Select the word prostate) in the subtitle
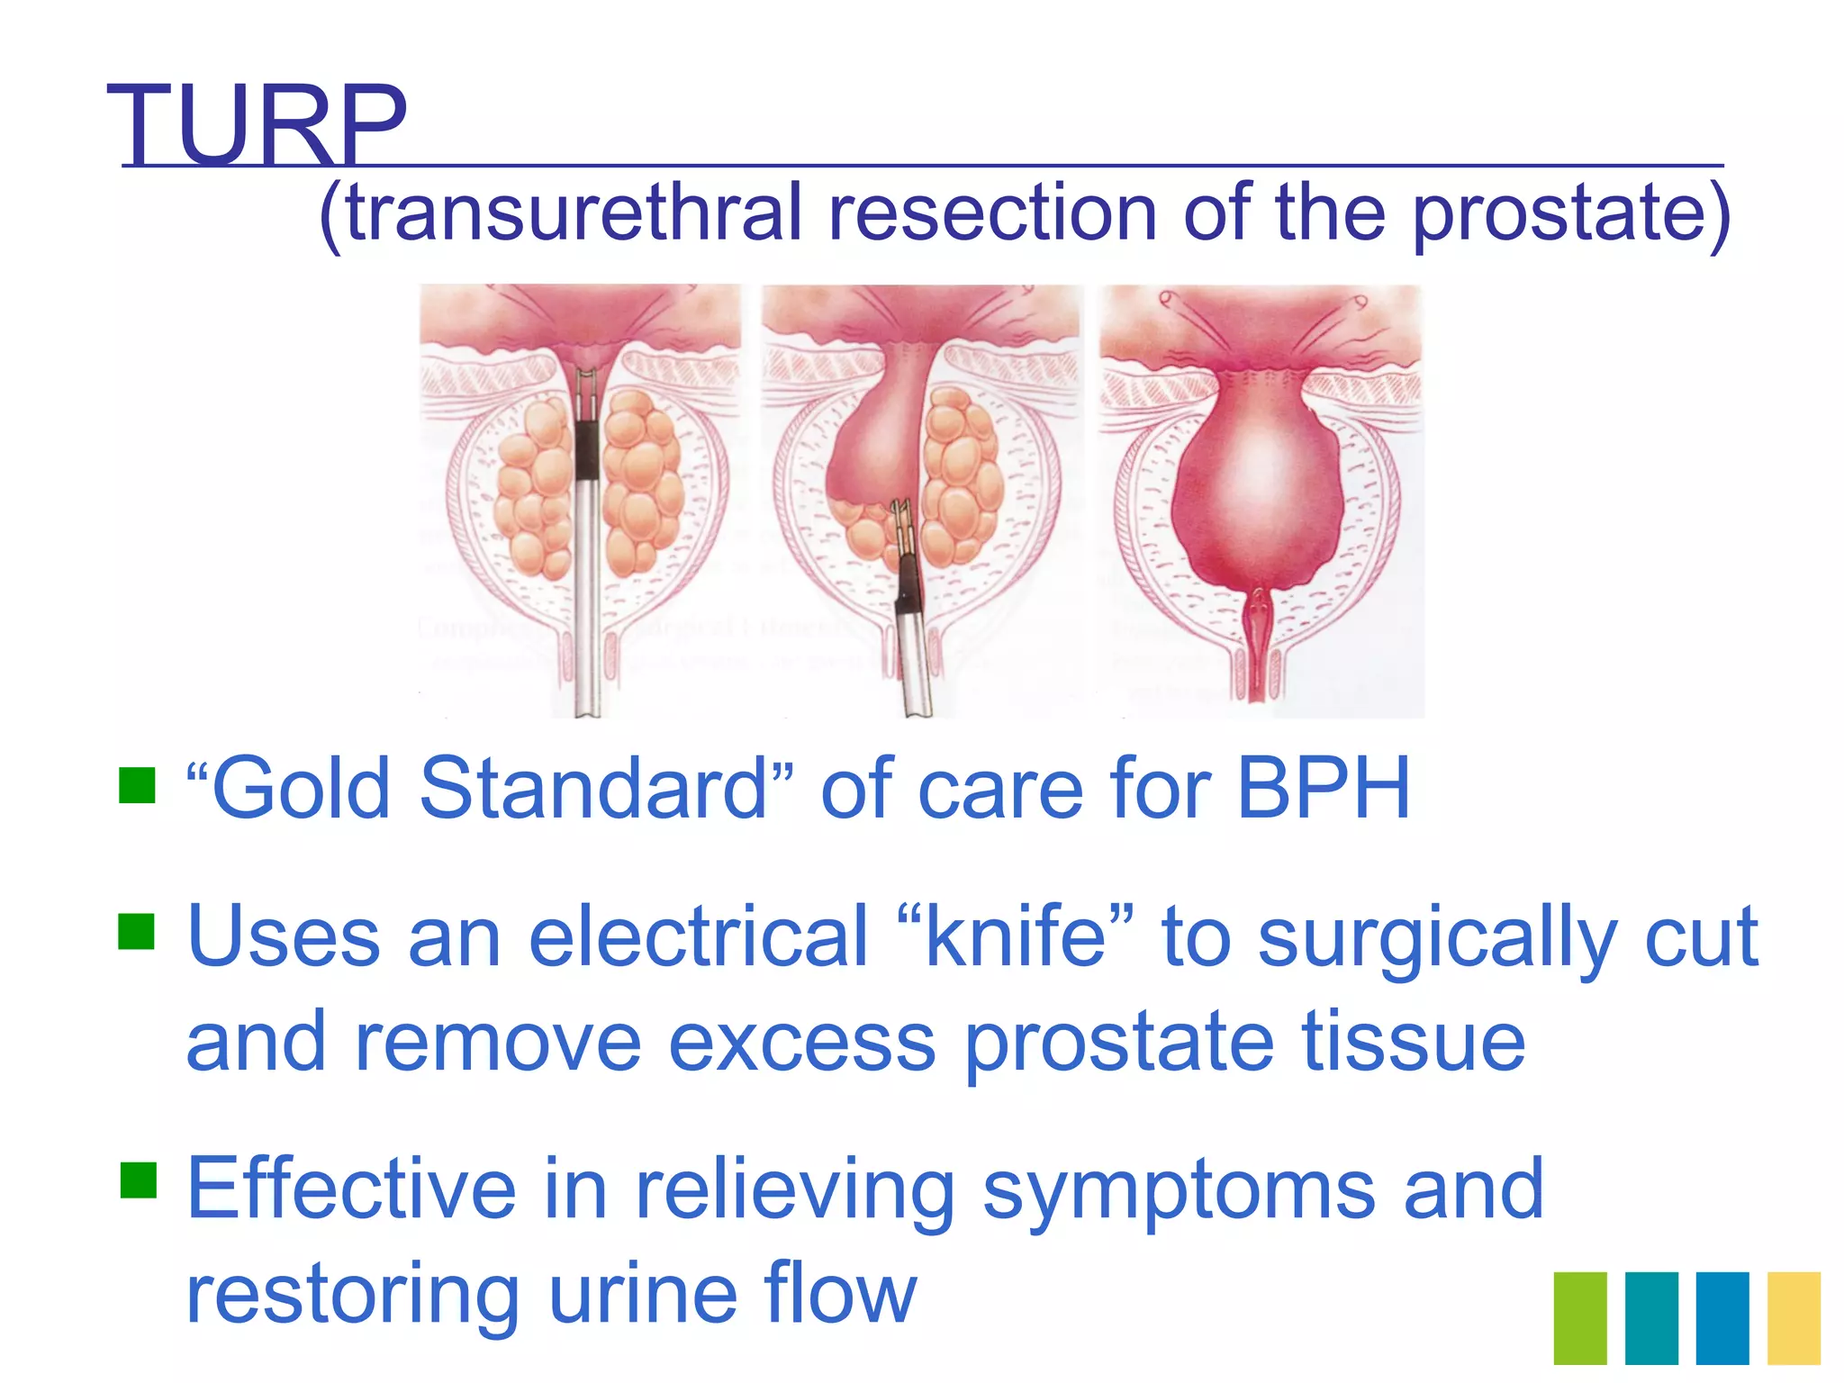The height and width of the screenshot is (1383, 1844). (x=1570, y=214)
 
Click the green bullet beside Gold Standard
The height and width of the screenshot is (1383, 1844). (x=138, y=784)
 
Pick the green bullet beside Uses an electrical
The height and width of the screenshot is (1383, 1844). (x=138, y=932)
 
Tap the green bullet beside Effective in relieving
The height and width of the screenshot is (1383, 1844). (x=138, y=1180)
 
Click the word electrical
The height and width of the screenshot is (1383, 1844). (x=698, y=936)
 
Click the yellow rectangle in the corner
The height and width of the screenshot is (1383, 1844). (x=1794, y=1317)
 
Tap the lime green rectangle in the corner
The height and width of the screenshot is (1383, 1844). (x=1580, y=1317)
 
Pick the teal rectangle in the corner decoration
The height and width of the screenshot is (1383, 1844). (x=1651, y=1317)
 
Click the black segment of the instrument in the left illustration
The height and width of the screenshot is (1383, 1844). (x=586, y=450)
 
